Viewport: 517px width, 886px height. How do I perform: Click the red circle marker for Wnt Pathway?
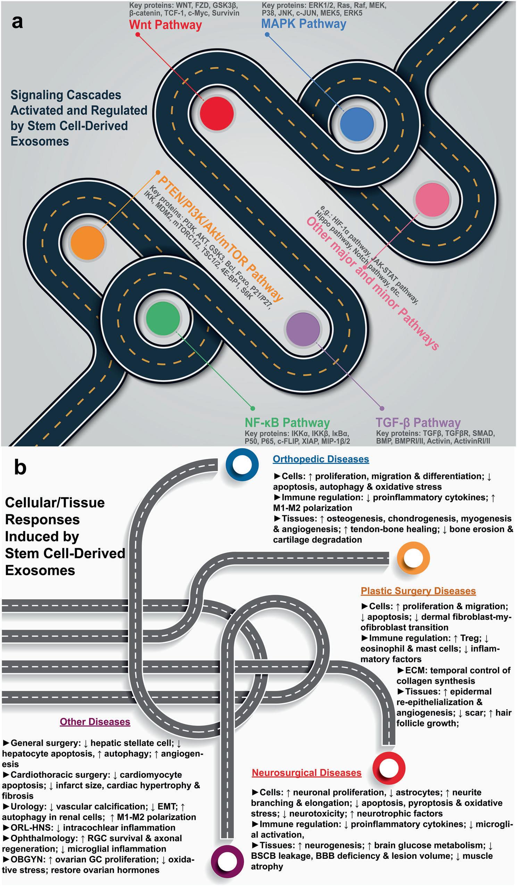pyautogui.click(x=217, y=113)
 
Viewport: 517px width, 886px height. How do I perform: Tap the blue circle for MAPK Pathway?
pyautogui.click(x=357, y=124)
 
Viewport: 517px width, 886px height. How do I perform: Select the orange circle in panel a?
pyautogui.click(x=87, y=243)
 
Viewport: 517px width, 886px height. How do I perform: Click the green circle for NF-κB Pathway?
pyautogui.click(x=163, y=318)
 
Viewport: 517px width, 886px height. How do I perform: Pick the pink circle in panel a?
pyautogui.click(x=432, y=199)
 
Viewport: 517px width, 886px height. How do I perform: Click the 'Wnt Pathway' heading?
pyautogui.click(x=165, y=25)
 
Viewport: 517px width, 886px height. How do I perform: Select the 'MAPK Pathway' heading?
pyautogui.click(x=304, y=24)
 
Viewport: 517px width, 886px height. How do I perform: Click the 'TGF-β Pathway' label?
pyautogui.click(x=418, y=422)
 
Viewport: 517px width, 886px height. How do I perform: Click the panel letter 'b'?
pyautogui.click(x=20, y=468)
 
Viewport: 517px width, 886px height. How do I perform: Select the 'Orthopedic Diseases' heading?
pyautogui.click(x=321, y=459)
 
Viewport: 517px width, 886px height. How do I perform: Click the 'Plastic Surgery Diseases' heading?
pyautogui.click(x=418, y=591)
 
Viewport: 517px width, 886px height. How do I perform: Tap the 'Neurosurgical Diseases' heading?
pyautogui.click(x=307, y=773)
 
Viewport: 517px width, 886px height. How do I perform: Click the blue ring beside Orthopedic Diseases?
pyautogui.click(x=242, y=465)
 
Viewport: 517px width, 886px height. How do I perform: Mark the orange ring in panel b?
pyautogui.click(x=413, y=558)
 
